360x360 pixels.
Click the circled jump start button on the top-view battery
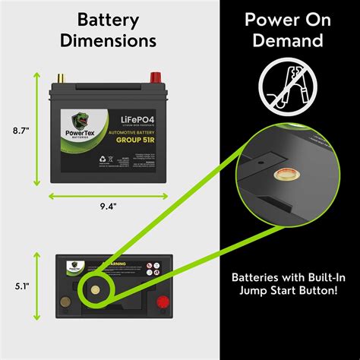[x=96, y=289]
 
